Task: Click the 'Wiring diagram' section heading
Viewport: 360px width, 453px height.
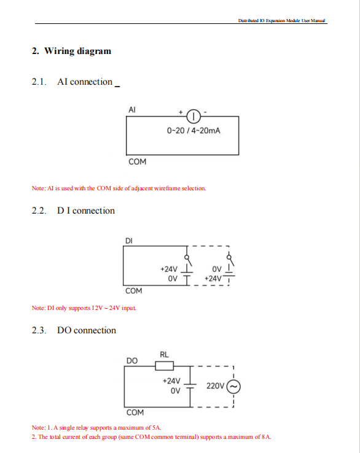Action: click(77, 51)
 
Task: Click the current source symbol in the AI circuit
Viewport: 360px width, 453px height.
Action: click(194, 117)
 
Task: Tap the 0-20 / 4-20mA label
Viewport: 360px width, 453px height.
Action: click(194, 131)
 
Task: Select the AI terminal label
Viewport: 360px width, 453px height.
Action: click(132, 110)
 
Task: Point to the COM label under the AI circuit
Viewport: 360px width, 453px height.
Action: click(138, 161)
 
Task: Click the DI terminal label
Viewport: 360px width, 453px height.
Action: click(128, 241)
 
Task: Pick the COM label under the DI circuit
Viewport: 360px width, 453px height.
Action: click(133, 290)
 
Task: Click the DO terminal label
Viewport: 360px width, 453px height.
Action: click(132, 360)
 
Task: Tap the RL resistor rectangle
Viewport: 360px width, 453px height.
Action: click(165, 366)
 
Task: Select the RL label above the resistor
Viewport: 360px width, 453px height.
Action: click(164, 355)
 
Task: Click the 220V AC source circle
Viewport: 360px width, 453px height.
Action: click(233, 387)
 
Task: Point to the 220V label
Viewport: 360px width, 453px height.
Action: click(216, 386)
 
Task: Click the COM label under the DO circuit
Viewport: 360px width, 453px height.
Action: click(135, 412)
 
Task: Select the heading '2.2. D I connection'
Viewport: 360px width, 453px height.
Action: click(73, 211)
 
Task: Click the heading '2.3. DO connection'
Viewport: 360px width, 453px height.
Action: click(74, 330)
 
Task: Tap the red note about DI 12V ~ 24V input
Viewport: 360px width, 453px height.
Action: click(84, 308)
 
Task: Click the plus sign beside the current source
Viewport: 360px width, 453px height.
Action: click(181, 112)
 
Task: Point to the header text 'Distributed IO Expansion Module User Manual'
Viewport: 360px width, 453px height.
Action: click(281, 20)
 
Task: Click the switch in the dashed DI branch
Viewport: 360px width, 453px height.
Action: click(230, 260)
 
